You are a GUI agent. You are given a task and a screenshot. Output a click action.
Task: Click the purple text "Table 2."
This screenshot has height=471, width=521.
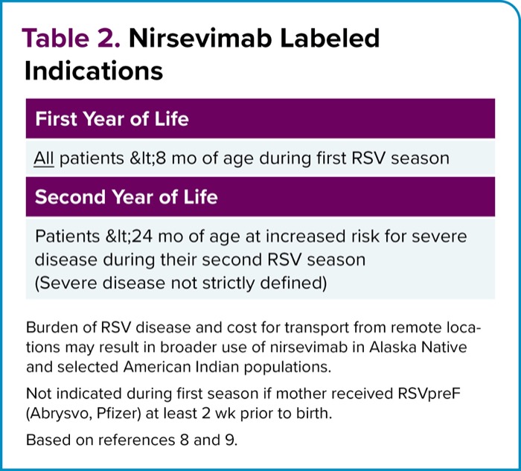[71, 39]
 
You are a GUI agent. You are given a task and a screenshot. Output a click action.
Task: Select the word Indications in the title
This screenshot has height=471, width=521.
[94, 71]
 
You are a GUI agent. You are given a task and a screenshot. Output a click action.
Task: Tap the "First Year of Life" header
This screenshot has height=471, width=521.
[112, 118]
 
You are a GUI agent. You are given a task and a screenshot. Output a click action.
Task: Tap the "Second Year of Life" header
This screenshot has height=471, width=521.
[127, 197]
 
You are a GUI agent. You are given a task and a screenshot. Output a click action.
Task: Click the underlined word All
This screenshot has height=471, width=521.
[44, 158]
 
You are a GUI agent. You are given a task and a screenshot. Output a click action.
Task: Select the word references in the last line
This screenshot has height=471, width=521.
[135, 440]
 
